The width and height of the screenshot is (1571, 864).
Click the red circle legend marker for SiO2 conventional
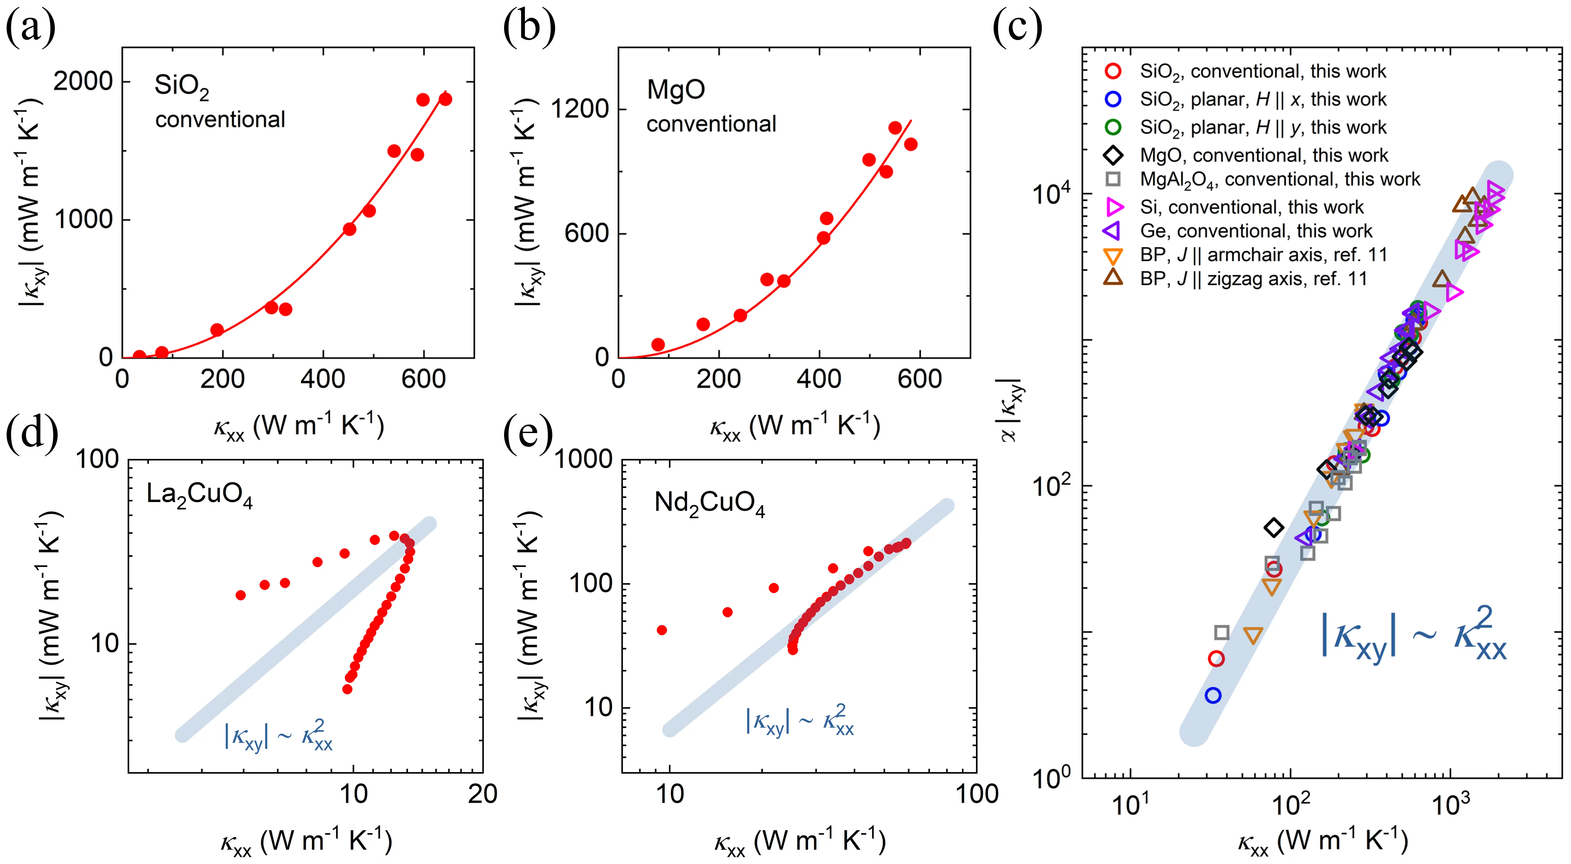click(1113, 71)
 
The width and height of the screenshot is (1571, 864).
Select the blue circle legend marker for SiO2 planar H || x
click(1113, 99)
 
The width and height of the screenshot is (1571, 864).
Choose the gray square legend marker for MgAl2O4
click(1113, 179)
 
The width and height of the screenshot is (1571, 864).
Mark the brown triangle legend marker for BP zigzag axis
click(1113, 278)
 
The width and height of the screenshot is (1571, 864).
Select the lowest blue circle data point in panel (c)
click(1213, 695)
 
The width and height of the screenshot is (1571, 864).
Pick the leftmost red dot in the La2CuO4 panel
click(241, 595)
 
